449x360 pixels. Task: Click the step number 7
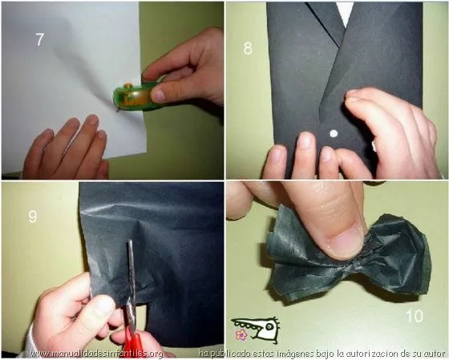[39, 39]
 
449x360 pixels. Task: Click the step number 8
[248, 48]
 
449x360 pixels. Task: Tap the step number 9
[33, 216]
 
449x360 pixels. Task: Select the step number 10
[415, 316]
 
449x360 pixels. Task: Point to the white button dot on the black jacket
[334, 133]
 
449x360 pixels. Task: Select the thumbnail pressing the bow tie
[345, 240]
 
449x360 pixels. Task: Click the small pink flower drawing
[241, 334]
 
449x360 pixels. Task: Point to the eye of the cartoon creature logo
[269, 326]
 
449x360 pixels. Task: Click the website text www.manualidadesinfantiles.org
[97, 354]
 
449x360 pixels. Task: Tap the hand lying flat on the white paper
[67, 148]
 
